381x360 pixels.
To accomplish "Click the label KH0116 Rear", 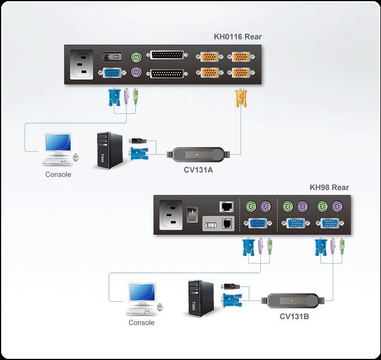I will pyautogui.click(x=237, y=37).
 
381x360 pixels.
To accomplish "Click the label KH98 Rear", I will pyautogui.click(x=329, y=187).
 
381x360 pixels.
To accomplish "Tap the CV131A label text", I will pyautogui.click(x=198, y=170).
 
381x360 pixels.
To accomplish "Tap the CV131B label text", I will pyautogui.click(x=294, y=316).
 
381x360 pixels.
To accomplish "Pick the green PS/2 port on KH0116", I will pyautogui.click(x=136, y=56).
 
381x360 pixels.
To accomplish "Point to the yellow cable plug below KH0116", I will pyautogui.click(x=239, y=99).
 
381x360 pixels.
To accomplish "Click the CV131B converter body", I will pyautogui.click(x=293, y=301).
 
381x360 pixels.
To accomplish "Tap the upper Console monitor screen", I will pyautogui.click(x=58, y=143).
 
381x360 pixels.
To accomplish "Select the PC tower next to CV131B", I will pyautogui.click(x=197, y=298).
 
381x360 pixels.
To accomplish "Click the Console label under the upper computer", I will pyautogui.click(x=58, y=175).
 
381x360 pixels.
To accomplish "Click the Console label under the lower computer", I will pyautogui.click(x=141, y=322).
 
